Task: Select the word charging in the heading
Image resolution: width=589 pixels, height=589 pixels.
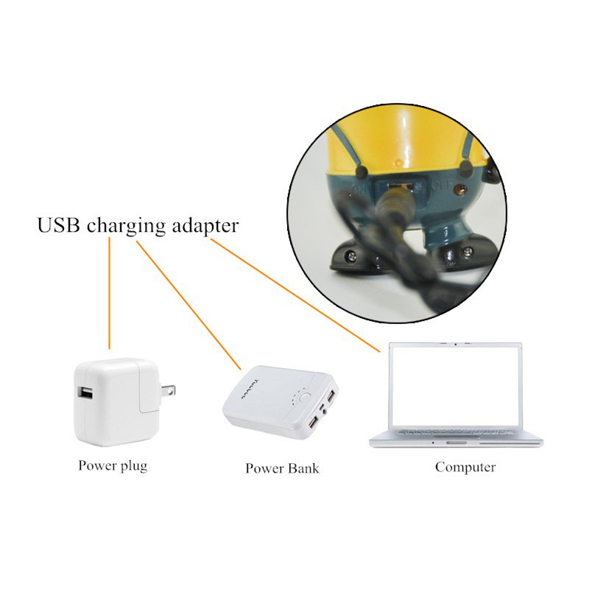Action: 126,226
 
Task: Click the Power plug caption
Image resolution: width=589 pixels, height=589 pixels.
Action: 113,466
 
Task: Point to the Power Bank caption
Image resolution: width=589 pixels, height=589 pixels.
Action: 282,468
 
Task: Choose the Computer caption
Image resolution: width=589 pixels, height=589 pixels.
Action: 465,467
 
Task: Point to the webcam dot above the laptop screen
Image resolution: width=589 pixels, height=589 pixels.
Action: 456,345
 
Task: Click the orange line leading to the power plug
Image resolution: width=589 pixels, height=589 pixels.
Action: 110,294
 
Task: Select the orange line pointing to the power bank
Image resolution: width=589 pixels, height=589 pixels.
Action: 191,306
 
